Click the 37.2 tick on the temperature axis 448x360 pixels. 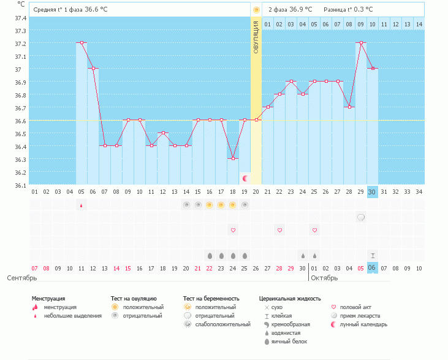coord(20,44)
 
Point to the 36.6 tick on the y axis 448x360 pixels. coord(20,121)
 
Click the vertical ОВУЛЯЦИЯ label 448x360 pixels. coord(256,36)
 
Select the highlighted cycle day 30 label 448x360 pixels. coord(372,192)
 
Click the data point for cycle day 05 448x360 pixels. coord(82,43)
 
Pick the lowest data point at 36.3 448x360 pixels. coord(233,158)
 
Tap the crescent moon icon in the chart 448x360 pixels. coord(245,178)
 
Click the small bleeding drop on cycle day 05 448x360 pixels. coord(82,206)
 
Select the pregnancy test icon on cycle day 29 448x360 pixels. coord(361,217)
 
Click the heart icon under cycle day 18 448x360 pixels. coord(233,230)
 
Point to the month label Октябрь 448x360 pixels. coord(324,278)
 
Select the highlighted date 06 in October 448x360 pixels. coord(372,268)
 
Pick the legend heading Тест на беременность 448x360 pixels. coord(211,298)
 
